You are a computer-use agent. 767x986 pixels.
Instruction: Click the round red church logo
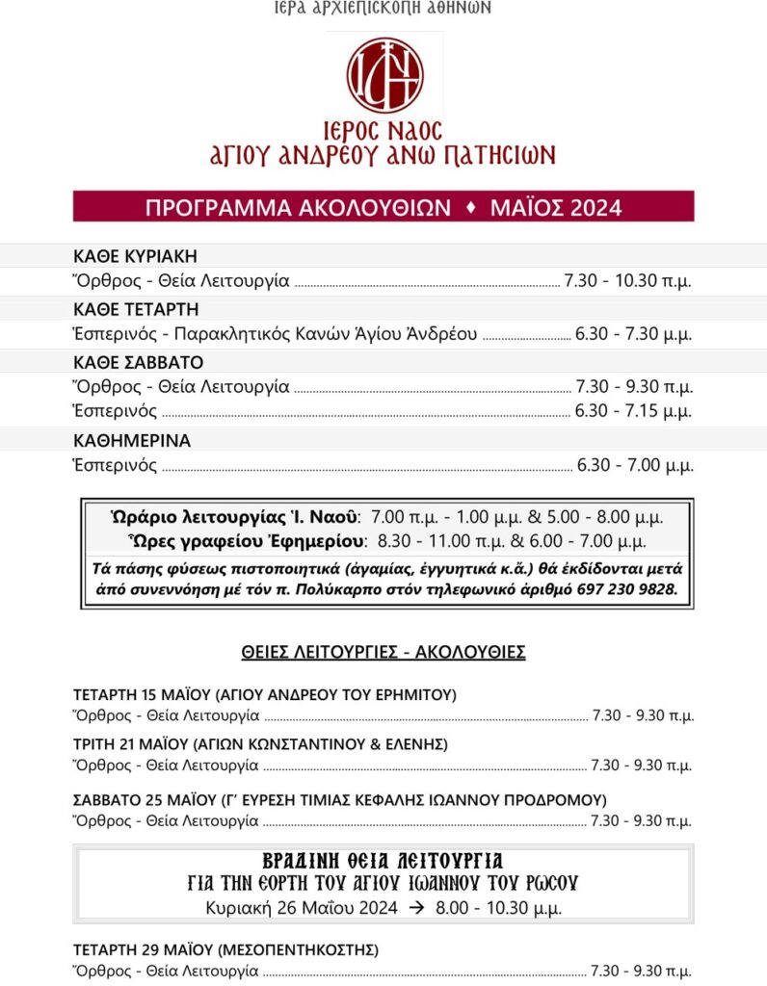point(384,75)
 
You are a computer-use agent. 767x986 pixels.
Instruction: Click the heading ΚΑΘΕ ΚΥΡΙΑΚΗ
point(135,256)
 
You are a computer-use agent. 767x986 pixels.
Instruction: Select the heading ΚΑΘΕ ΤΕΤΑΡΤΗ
point(136,309)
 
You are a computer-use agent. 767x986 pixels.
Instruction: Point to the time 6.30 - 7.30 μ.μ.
point(634,334)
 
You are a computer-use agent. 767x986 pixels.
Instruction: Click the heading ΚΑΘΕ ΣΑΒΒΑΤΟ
point(139,362)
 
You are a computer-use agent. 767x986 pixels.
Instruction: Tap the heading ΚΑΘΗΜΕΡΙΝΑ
point(132,441)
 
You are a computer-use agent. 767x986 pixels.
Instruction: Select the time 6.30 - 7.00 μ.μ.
point(634,465)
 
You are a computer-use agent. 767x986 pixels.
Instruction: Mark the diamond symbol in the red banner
point(471,207)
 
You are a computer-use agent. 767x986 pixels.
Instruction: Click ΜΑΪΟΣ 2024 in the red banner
point(555,207)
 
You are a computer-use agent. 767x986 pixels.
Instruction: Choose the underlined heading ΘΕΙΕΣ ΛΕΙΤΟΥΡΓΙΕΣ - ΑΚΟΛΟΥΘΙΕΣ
point(383,652)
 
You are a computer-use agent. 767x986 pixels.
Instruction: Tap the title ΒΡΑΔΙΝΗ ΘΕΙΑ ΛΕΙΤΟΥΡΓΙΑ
point(383,860)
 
